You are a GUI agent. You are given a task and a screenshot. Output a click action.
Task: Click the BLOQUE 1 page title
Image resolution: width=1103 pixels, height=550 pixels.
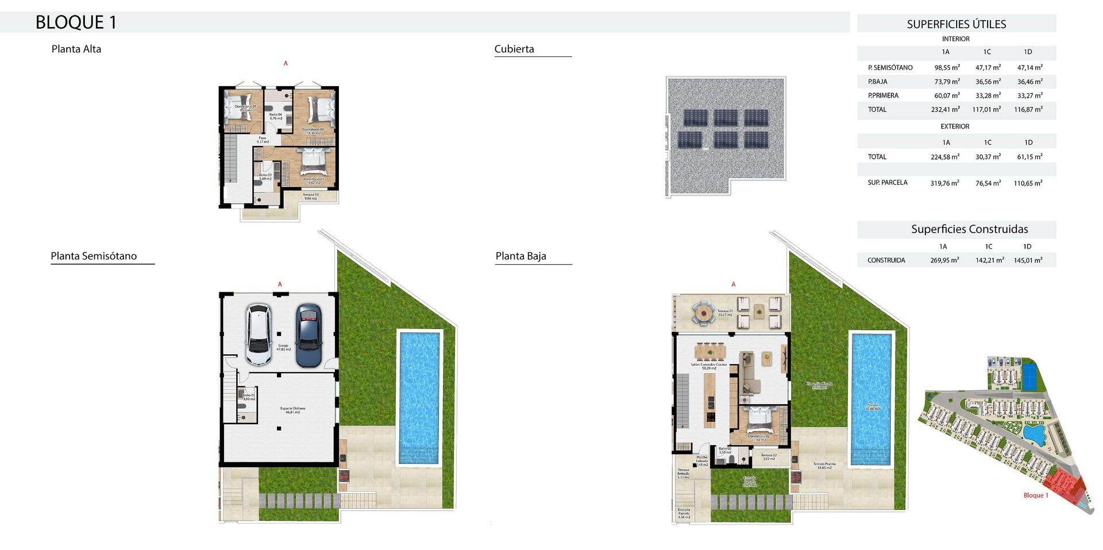click(76, 22)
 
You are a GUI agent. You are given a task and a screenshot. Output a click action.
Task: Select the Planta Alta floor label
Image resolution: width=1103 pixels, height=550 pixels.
click(76, 49)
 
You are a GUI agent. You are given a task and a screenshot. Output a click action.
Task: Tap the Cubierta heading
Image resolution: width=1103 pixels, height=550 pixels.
click(514, 49)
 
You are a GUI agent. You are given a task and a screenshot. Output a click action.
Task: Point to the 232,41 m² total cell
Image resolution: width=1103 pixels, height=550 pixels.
click(945, 110)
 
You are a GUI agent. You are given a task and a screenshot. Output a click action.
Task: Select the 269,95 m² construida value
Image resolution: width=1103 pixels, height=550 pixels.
click(944, 260)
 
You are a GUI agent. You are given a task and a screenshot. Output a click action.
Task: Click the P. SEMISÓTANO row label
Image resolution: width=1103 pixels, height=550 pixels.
click(890, 68)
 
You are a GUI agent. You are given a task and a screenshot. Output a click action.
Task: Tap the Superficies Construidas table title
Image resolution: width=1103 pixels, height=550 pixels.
click(969, 229)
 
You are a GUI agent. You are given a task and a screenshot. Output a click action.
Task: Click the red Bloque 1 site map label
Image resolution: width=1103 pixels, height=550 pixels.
click(1036, 495)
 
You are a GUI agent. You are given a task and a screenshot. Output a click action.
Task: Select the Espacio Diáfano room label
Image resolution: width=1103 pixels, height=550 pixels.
click(292, 410)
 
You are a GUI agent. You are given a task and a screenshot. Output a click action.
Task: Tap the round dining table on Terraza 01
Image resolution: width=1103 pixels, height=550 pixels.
click(702, 313)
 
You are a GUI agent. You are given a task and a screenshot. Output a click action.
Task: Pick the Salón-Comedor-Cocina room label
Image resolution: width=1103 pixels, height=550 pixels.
click(708, 366)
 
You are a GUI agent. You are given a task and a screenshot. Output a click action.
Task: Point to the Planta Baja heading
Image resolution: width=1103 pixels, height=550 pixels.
click(520, 256)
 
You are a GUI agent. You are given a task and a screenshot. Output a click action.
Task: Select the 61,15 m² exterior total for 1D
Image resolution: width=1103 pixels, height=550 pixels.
click(1029, 157)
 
